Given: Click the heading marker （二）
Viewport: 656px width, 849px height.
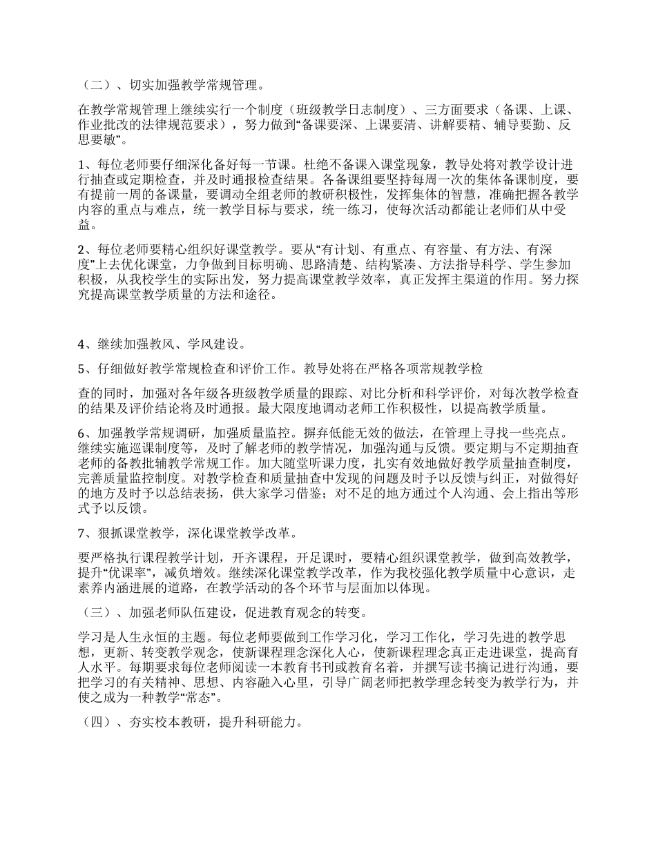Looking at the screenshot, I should coord(95,86).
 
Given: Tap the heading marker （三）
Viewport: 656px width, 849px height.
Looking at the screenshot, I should coord(95,612).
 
